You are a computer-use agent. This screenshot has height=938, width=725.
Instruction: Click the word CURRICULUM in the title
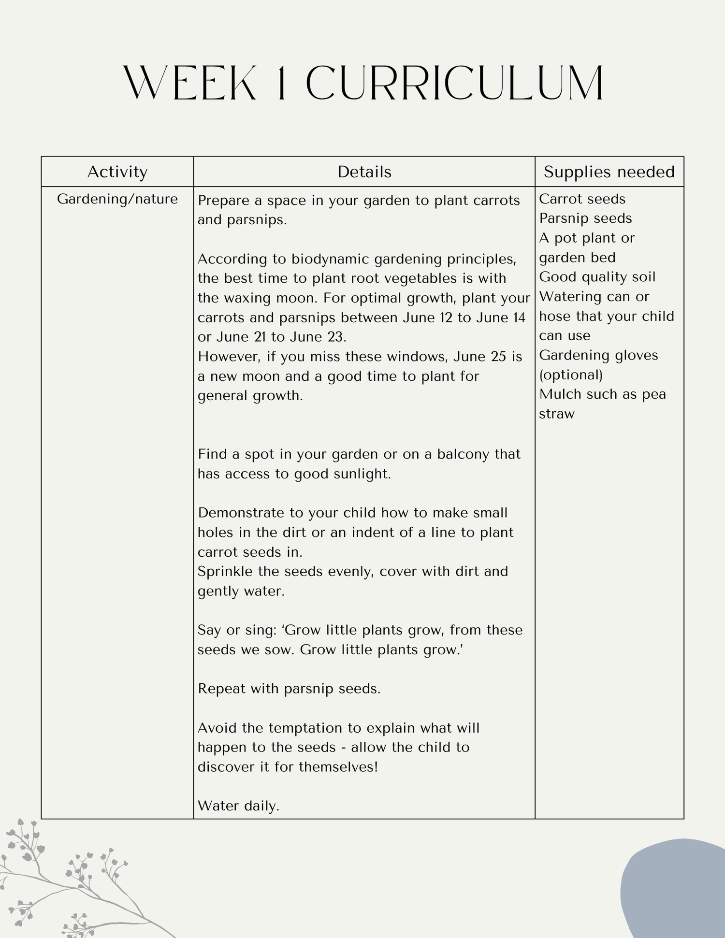(454, 83)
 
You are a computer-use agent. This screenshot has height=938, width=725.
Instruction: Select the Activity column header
(117, 172)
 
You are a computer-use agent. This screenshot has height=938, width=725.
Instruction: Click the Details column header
(364, 172)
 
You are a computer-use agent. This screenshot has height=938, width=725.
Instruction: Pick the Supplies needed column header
(609, 172)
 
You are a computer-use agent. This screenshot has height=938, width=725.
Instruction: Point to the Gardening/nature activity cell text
(117, 199)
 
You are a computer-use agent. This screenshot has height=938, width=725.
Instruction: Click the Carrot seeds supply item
(582, 199)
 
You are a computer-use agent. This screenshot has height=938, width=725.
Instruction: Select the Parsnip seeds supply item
(585, 218)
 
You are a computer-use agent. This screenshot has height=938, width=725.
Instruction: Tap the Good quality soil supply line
(597, 277)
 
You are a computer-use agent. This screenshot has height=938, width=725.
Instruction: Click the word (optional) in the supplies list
(571, 375)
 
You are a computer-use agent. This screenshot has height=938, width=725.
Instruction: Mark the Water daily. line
(238, 806)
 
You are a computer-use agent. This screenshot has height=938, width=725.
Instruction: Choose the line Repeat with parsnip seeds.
(289, 689)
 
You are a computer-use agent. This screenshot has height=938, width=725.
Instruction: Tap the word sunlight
(362, 474)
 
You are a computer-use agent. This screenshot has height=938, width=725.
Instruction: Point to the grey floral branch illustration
(72, 884)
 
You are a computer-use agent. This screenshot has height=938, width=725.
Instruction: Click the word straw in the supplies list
(556, 414)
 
